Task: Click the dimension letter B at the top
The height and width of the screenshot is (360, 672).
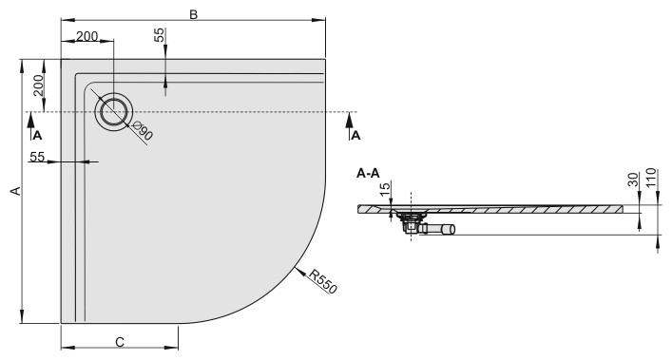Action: [194, 14]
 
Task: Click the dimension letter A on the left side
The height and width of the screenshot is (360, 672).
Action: [16, 191]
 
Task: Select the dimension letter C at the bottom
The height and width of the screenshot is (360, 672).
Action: [120, 342]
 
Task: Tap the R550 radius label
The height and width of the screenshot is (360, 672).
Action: [323, 281]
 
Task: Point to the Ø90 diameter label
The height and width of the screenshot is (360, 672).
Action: [143, 130]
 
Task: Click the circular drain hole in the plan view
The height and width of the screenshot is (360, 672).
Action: [113, 112]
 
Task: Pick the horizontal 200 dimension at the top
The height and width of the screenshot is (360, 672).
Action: [87, 36]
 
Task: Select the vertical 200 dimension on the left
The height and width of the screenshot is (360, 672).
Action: [39, 85]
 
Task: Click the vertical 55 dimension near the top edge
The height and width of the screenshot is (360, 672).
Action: [159, 35]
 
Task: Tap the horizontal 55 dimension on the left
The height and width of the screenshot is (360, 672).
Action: [37, 157]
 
